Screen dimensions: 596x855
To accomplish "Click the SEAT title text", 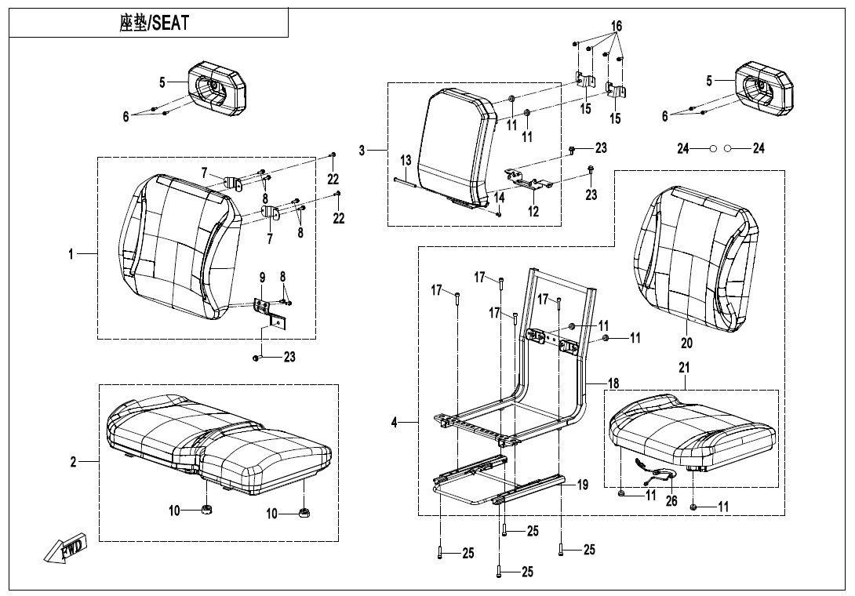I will coord(154,24).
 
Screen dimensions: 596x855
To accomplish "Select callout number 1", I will coord(70,254).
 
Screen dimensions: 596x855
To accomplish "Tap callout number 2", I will coord(73,462).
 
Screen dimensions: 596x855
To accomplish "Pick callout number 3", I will coord(362,151).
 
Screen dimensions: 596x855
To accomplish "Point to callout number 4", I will coord(395,423).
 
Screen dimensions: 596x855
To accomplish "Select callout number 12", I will coord(533,212).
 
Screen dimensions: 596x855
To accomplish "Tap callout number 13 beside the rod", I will coord(405,161).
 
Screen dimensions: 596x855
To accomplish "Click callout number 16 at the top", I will coord(617,27).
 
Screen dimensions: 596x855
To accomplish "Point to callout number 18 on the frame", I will coord(613,383).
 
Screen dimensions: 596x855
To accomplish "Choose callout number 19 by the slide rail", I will coord(582,485).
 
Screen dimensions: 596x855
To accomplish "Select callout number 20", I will coord(686,343).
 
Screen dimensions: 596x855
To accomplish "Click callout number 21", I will coord(684,367).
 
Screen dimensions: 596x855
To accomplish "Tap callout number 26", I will coord(671,501).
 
